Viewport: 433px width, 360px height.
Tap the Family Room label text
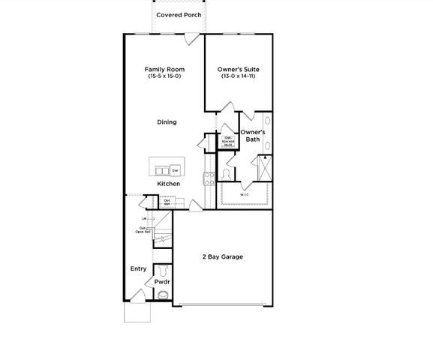click(x=164, y=70)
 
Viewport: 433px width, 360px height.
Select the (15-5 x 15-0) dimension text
click(x=164, y=76)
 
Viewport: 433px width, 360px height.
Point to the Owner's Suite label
click(x=239, y=70)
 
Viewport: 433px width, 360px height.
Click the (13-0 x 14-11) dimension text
click(x=239, y=76)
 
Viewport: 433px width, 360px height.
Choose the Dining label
click(x=167, y=122)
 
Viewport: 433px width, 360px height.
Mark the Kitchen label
click(x=167, y=184)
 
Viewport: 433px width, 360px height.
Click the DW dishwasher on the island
click(x=175, y=170)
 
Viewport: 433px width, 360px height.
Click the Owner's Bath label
click(x=250, y=135)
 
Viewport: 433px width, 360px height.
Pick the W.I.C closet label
click(x=245, y=195)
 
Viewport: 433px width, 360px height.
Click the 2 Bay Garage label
click(x=221, y=257)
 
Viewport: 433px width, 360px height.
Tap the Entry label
click(x=138, y=268)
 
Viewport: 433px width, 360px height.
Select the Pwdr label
click(x=162, y=282)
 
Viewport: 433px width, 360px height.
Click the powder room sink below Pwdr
click(x=161, y=295)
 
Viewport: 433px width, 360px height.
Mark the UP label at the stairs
click(x=144, y=219)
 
